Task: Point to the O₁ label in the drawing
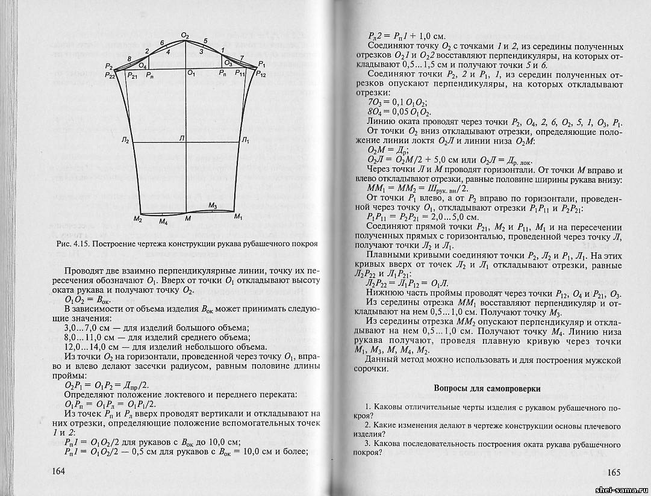point(191,73)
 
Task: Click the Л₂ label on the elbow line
point(125,140)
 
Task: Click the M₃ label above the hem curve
point(213,206)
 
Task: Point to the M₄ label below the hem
point(163,222)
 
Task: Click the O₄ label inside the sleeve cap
point(143,64)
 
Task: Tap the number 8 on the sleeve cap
point(129,58)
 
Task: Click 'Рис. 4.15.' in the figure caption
point(72,244)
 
